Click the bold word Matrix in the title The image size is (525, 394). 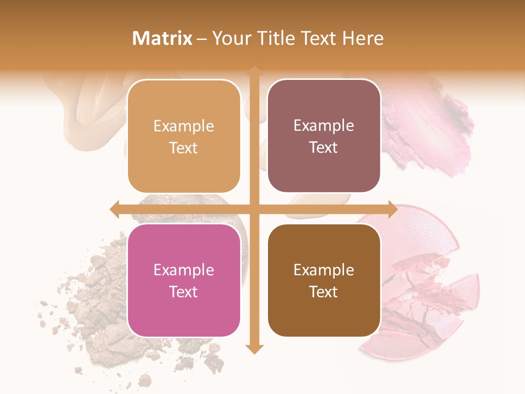pyautogui.click(x=162, y=38)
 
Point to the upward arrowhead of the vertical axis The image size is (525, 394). pyautogui.click(x=254, y=71)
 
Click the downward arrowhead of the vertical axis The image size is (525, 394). pyautogui.click(x=254, y=349)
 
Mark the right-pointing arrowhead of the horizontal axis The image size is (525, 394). pyautogui.click(x=392, y=209)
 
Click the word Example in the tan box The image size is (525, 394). pyautogui.click(x=184, y=126)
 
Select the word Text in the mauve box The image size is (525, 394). pyautogui.click(x=324, y=148)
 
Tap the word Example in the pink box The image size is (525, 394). pyautogui.click(x=184, y=270)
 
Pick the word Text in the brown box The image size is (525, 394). pyautogui.click(x=324, y=292)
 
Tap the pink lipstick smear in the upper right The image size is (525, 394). pyautogui.click(x=432, y=131)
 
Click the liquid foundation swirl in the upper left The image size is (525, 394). pyautogui.click(x=93, y=109)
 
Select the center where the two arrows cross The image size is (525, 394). pyautogui.click(x=254, y=209)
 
